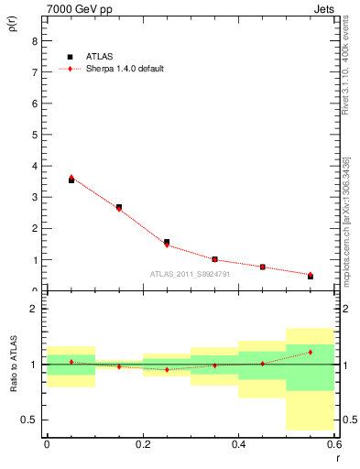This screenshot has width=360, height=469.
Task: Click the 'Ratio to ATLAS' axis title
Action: [x=14, y=365]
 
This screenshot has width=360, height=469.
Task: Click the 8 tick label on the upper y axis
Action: [x=34, y=40]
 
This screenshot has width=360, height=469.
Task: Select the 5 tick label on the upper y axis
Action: [x=34, y=135]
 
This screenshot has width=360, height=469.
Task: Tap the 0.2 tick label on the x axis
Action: [x=143, y=443]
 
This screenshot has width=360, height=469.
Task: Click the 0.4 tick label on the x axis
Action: [x=239, y=443]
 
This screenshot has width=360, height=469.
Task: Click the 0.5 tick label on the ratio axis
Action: [x=30, y=420]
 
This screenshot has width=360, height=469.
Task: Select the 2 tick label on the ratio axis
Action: [x=34, y=310]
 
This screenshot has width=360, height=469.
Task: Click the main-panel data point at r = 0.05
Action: [x=71, y=180]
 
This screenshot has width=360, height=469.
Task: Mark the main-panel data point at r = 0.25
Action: [x=167, y=243]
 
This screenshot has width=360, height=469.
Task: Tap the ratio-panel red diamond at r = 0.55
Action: [x=311, y=352]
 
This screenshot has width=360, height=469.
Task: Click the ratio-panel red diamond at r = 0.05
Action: [x=71, y=362]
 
